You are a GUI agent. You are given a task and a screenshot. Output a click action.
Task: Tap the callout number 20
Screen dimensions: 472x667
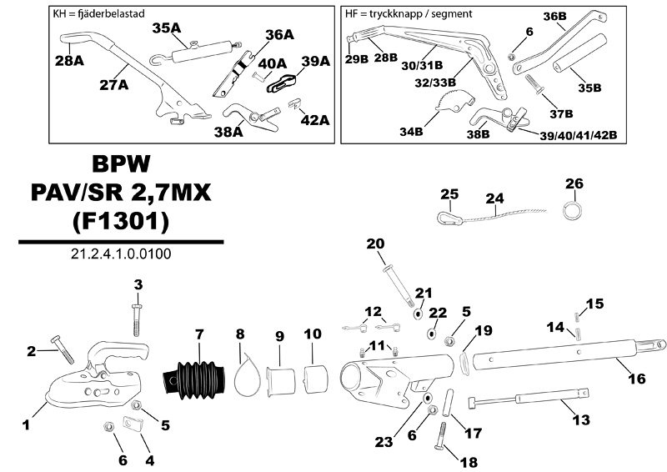375,244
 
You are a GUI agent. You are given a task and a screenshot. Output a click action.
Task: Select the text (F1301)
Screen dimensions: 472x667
121,223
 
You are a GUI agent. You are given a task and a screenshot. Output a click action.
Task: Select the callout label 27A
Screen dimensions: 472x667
113,84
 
